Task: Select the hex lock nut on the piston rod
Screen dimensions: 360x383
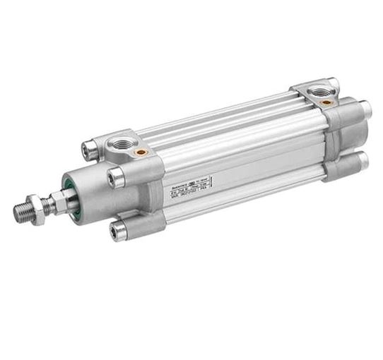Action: (x=40, y=206)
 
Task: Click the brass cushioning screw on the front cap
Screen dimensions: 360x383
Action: (x=141, y=152)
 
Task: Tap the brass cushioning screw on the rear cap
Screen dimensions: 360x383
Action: (x=326, y=102)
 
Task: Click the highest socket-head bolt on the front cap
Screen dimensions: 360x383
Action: (x=89, y=149)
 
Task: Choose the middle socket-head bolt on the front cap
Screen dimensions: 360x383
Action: (x=116, y=178)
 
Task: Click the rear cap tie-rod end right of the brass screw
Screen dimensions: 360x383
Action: (x=365, y=109)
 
